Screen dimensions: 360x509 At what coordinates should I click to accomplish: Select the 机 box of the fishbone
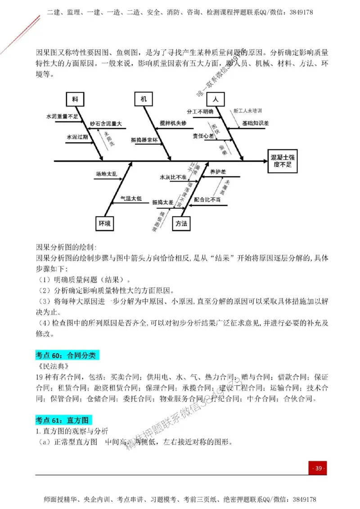144,98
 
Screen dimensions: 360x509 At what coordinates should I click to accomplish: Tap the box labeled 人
216,98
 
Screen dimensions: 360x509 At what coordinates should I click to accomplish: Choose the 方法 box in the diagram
181,223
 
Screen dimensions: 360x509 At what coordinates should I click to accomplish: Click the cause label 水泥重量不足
63,116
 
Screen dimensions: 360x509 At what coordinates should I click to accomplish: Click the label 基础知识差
255,123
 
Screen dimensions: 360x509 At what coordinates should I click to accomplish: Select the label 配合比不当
207,199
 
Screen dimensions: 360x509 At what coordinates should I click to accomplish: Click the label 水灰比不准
173,178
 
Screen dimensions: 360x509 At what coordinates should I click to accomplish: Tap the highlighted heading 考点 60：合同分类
66,356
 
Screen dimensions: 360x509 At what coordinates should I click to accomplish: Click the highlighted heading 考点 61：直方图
63,420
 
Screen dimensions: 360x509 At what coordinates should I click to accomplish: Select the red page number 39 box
318,469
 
